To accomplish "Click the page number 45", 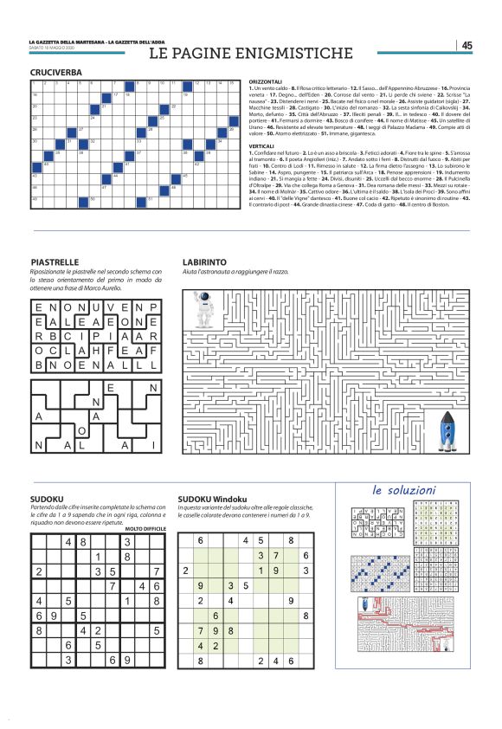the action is (x=467, y=46).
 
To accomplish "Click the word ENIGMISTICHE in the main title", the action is (x=291, y=54).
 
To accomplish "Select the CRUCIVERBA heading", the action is (x=56, y=73).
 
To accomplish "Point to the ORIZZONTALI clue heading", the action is (x=265, y=81).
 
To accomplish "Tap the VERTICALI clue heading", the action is (x=261, y=146).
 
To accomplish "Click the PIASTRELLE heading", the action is (x=55, y=261).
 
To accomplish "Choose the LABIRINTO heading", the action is (x=204, y=261).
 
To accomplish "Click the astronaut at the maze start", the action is (x=204, y=309).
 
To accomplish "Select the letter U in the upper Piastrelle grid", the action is (x=96, y=307).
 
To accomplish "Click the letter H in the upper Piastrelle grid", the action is (x=96, y=351).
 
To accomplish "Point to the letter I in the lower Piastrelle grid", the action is (x=151, y=445).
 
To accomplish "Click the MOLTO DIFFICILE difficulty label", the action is (x=145, y=528).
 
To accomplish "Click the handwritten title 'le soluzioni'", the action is (x=404, y=490).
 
